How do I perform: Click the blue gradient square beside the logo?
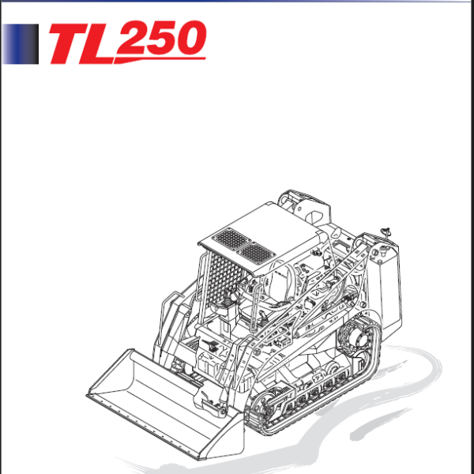tap(21, 43)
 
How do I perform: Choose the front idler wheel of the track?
tap(269, 404)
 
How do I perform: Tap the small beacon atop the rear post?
tap(386, 230)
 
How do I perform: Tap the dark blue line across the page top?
tap(237, 2)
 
